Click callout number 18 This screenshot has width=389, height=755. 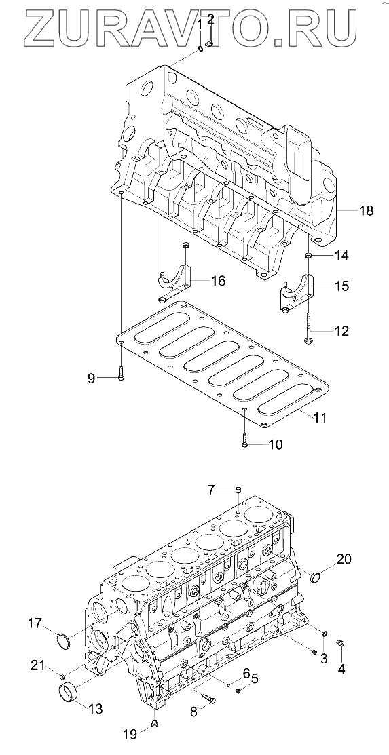pyautogui.click(x=366, y=210)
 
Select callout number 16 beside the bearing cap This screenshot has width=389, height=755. pyautogui.click(x=218, y=281)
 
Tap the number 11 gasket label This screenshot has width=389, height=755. pyautogui.click(x=319, y=417)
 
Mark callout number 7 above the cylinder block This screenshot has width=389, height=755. pyautogui.click(x=212, y=490)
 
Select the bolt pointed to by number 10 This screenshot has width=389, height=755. pyautogui.click(x=245, y=440)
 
